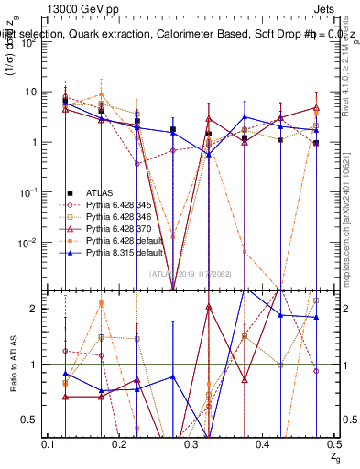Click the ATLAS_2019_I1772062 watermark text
coord(191,274)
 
